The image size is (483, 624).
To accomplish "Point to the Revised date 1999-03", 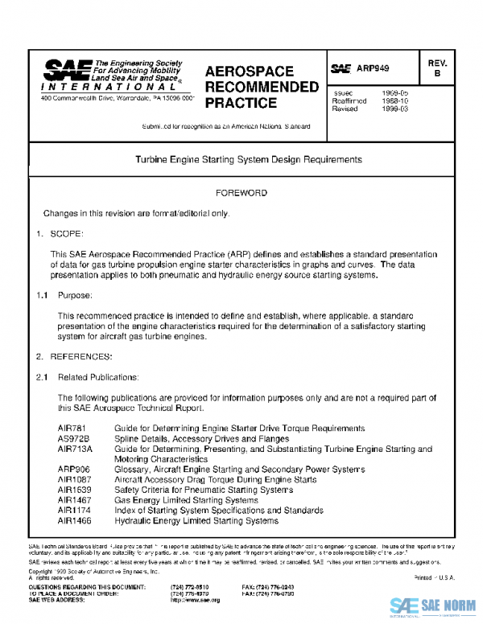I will point(394,109).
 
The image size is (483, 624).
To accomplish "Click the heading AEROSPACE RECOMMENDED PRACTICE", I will point(262,87).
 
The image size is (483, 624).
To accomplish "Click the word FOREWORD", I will point(242,194).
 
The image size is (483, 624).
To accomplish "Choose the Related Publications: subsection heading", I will point(99,376).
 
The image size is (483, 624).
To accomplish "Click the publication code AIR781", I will point(72,429).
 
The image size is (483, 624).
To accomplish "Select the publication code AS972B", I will point(73,439).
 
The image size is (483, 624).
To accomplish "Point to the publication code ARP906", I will point(74,469).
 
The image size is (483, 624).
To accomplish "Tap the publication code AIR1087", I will point(76,479).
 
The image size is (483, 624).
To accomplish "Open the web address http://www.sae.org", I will point(195,601).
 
